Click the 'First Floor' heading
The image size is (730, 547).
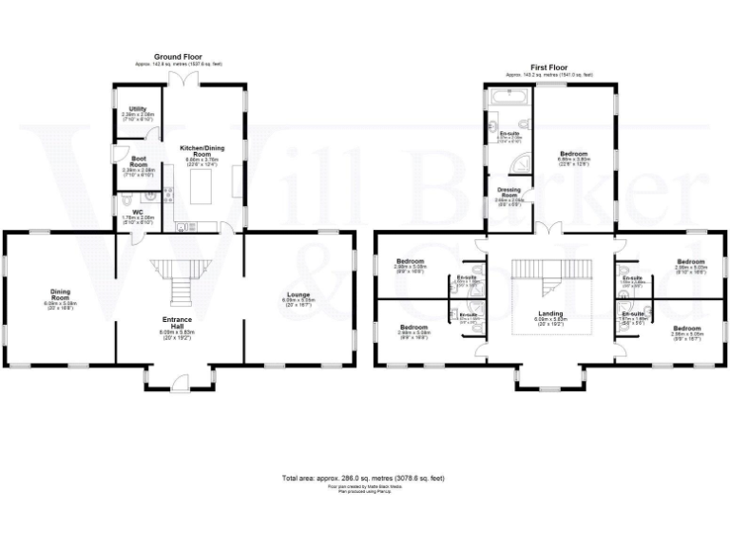[x=549, y=67]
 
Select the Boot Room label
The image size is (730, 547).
[x=138, y=161]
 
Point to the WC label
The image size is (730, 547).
[x=137, y=213]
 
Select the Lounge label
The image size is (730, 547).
[x=297, y=295]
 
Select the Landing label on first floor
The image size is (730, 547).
[x=550, y=313]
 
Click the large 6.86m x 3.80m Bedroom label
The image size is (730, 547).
[x=573, y=156]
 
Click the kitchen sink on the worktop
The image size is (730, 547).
[x=183, y=225]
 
